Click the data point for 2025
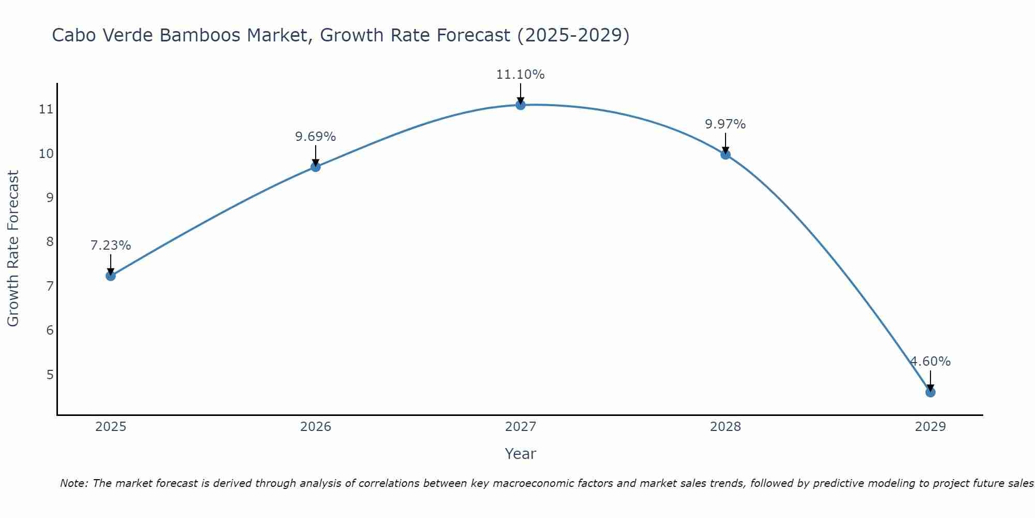pos(110,276)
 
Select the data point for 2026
pos(315,167)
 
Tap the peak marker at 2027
pos(520,105)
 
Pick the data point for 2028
pos(725,154)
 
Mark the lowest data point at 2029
pos(930,392)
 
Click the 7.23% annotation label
pos(110,246)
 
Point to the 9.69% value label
pos(315,137)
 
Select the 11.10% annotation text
pos(520,75)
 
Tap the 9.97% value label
pos(725,124)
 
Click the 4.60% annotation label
pos(930,362)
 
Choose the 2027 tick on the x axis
pos(520,427)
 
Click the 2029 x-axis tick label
pos(930,427)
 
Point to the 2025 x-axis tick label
pos(111,427)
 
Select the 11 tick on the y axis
pos(46,109)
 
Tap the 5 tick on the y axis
pos(50,375)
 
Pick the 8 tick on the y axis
pos(50,242)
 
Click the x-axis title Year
pos(520,454)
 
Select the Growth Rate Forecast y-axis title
pos(13,249)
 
